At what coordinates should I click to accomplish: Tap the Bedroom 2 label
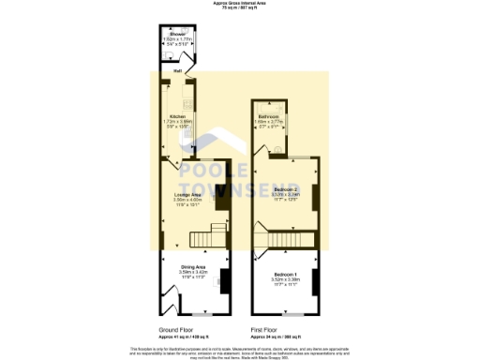[286, 189]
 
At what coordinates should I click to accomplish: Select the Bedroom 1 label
[286, 274]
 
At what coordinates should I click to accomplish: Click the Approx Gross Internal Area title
[240, 4]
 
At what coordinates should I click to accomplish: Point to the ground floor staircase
[217, 234]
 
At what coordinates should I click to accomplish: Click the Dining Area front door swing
[172, 302]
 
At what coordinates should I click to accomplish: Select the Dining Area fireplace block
[223, 279]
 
